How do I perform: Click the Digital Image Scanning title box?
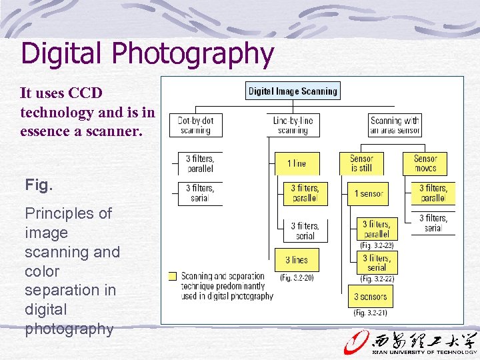[293, 91]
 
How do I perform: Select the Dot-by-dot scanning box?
[195, 125]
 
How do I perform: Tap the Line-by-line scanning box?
[293, 125]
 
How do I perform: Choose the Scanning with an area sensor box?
[395, 125]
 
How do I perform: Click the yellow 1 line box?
[297, 163]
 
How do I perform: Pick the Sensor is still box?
[361, 163]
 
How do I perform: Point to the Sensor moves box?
[425, 163]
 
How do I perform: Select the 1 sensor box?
[368, 194]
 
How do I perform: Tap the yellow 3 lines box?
[297, 260]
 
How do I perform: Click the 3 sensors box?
[370, 297]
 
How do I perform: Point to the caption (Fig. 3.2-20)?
[297, 277]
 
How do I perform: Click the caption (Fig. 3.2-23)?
[377, 245]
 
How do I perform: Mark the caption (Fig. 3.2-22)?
[377, 279]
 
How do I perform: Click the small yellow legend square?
[173, 276]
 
